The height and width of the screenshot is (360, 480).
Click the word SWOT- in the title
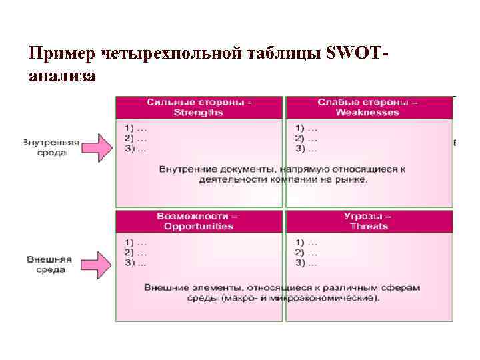click(x=355, y=53)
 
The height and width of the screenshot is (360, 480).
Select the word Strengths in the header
click(x=199, y=113)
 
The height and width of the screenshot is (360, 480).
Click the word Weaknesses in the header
click(x=367, y=113)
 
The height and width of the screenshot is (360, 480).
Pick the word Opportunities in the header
click(x=198, y=226)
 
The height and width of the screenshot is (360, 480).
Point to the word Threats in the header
click(x=368, y=226)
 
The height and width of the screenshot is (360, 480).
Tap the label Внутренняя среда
click(x=51, y=147)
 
